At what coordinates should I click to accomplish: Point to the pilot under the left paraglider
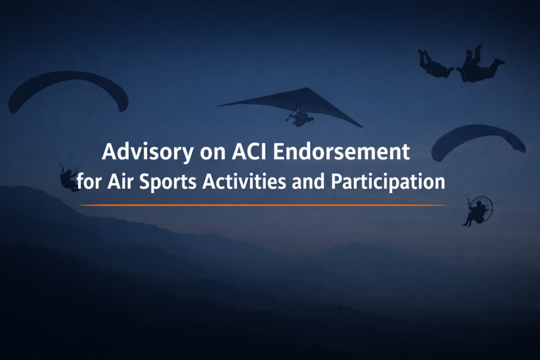(x=69, y=179)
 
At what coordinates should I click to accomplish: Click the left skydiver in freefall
(x=435, y=64)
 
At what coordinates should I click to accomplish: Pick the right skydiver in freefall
(x=478, y=66)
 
